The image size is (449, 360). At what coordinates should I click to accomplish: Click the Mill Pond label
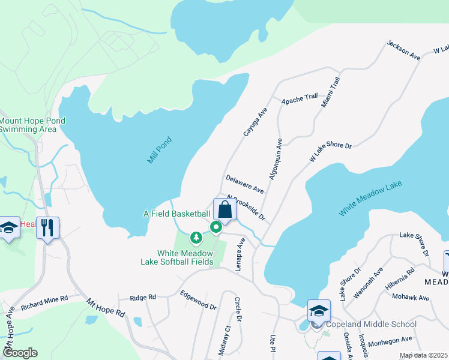(160, 151)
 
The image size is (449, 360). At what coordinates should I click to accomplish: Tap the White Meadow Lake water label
(370, 199)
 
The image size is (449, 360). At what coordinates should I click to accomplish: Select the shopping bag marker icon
(224, 211)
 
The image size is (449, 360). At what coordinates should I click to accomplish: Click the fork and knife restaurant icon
(47, 228)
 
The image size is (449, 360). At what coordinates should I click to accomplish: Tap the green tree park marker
(196, 239)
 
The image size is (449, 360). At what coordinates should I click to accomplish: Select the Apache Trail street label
(300, 98)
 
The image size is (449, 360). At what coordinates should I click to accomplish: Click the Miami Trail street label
(331, 92)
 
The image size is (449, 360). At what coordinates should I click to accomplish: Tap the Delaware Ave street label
(245, 184)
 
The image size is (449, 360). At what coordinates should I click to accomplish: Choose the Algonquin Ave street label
(276, 159)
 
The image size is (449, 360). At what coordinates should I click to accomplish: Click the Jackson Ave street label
(404, 50)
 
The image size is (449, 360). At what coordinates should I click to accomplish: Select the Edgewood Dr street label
(198, 300)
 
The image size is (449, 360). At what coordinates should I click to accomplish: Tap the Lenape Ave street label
(241, 255)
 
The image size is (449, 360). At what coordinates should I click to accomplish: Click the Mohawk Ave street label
(411, 297)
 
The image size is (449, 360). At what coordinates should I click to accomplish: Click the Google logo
(20, 353)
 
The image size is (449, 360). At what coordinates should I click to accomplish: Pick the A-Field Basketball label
(176, 214)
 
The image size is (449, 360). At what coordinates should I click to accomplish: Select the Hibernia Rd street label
(400, 278)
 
